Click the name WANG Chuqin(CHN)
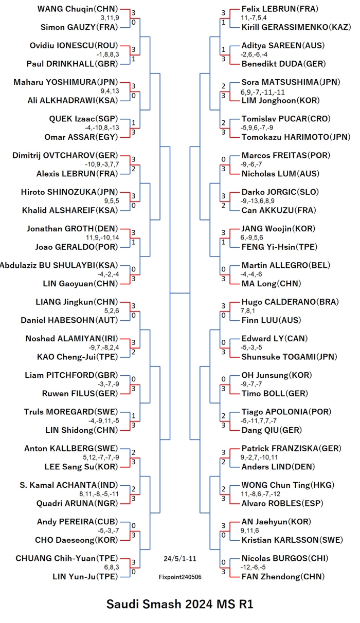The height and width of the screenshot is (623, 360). point(78,9)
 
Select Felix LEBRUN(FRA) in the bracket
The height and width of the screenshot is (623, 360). point(280,9)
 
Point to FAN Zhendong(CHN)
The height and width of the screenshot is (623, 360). point(283,577)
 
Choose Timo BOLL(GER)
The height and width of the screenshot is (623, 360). point(275,393)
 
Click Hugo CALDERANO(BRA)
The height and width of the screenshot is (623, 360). point(290,302)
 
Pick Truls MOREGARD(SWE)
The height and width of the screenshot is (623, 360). point(71,412)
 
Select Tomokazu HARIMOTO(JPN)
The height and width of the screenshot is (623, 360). point(296,137)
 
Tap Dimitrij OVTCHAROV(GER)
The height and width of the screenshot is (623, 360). point(65,155)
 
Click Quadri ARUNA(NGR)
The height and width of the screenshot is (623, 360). point(77,503)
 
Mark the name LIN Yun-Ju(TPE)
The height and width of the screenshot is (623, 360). point(85,577)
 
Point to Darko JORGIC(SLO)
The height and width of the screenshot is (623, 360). point(280,192)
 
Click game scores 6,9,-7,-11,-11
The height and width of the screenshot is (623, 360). point(262,92)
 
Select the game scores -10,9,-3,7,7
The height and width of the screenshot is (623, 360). point(102,164)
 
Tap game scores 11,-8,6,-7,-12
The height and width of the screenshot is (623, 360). point(260,494)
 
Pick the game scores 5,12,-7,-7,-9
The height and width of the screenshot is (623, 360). point(101,457)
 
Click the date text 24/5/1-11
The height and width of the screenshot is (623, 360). point(179,559)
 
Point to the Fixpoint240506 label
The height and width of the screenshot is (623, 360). point(180,577)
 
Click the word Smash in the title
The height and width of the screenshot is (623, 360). point(162,604)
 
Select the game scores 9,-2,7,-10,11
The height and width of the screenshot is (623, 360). point(259,457)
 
